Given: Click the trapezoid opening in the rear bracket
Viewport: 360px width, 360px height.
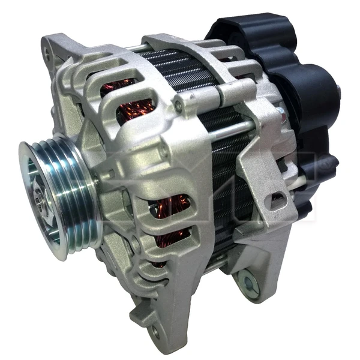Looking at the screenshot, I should tap(276, 201).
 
